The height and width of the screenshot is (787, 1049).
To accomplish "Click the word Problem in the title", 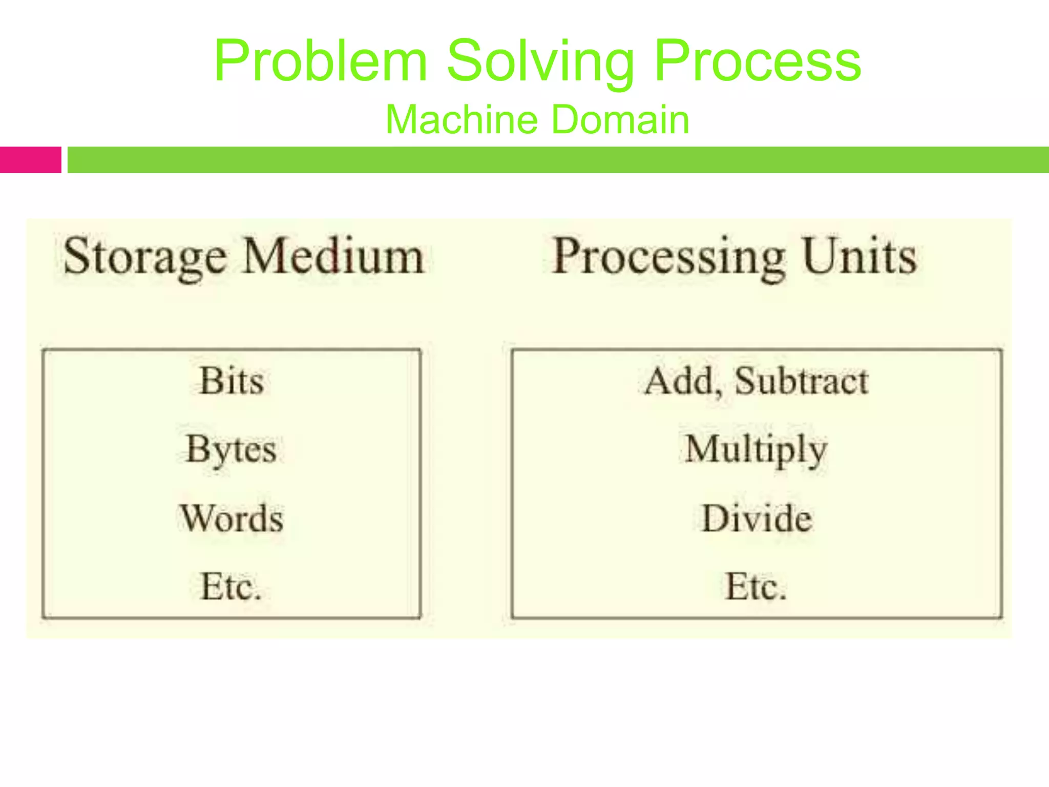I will pyautogui.click(x=321, y=61).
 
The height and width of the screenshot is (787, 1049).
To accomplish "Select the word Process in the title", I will pyautogui.click(x=758, y=61).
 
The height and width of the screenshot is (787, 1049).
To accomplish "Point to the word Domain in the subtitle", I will pyautogui.click(x=621, y=119).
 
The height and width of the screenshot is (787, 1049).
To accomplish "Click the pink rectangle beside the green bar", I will pyautogui.click(x=30, y=160).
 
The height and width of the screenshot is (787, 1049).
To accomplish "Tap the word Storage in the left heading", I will pyautogui.click(x=145, y=257).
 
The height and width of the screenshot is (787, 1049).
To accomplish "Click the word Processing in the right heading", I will pyautogui.click(x=668, y=257).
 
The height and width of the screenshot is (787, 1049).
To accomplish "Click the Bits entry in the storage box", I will pyautogui.click(x=232, y=381).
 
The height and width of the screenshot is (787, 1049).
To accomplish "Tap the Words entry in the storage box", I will pyautogui.click(x=232, y=519).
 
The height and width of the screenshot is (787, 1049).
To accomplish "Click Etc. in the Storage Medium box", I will pyautogui.click(x=231, y=587).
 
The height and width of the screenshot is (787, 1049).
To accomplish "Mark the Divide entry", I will pyautogui.click(x=757, y=519).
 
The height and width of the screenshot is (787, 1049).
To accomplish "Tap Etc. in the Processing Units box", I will pyautogui.click(x=756, y=587).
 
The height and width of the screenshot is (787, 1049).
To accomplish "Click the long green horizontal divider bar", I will pyautogui.click(x=558, y=160).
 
